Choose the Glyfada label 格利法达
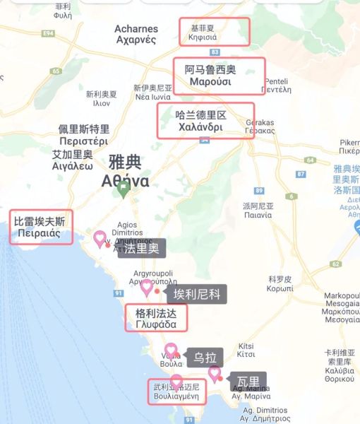[156, 318]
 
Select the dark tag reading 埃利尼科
[197, 293]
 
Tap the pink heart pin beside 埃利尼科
[148, 287]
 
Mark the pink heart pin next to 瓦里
[214, 373]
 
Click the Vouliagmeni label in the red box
[176, 391]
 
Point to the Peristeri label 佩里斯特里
[84, 134]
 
